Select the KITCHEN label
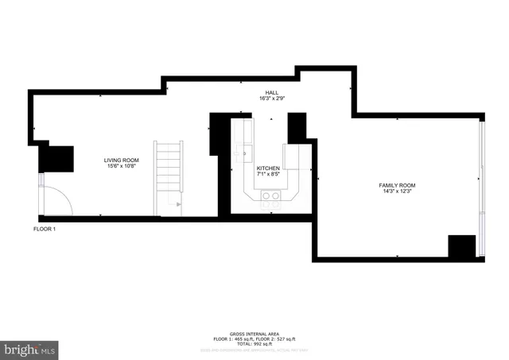tap(267, 169)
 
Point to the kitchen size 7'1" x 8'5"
tap(267, 175)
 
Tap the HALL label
tap(272, 92)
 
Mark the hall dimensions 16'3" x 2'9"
tap(272, 98)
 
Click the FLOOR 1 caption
tap(44, 229)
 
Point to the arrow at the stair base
tap(180, 204)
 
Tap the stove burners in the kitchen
tap(271, 203)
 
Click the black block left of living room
tap(56, 157)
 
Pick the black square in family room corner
tap(461, 247)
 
